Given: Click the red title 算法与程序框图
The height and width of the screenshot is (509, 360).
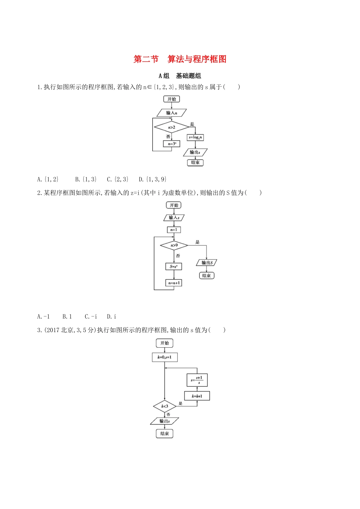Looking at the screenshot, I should tap(197, 59).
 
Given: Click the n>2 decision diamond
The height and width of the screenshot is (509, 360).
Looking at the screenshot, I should tap(172, 127).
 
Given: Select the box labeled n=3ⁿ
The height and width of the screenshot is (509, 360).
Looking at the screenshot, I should tap(172, 144).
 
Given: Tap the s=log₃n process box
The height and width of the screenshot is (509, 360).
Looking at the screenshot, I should tap(196, 137).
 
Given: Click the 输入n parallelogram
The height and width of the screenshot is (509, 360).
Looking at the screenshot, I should tap(172, 113).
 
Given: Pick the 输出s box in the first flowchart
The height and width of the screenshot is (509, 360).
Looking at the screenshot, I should tap(195, 152).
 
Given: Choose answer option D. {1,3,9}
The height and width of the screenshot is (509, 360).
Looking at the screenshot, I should tap(152, 179).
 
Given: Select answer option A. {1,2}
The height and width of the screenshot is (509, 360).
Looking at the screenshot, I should tap(48, 179).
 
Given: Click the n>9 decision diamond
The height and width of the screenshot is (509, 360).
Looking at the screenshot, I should tap(174, 245).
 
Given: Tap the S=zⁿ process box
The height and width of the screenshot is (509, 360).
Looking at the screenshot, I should tap(174, 267).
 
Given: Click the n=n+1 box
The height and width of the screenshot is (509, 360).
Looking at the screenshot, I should tap(174, 283).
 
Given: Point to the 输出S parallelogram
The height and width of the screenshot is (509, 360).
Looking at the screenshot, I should tap(207, 262).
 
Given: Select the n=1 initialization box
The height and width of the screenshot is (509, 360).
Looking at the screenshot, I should tap(174, 230).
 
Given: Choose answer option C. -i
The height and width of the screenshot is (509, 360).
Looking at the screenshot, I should tap(91, 317).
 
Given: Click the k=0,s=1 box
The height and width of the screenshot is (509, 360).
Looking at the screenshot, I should tap(164, 357).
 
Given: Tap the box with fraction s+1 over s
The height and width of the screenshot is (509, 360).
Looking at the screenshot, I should tap(197, 380).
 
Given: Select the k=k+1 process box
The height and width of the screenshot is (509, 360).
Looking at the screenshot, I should tap(197, 396).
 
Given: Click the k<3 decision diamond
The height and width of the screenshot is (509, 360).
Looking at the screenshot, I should tap(164, 406).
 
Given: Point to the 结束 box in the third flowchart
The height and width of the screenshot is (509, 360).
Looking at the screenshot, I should tap(164, 434).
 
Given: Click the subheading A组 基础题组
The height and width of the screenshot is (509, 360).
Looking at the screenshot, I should tap(180, 76).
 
